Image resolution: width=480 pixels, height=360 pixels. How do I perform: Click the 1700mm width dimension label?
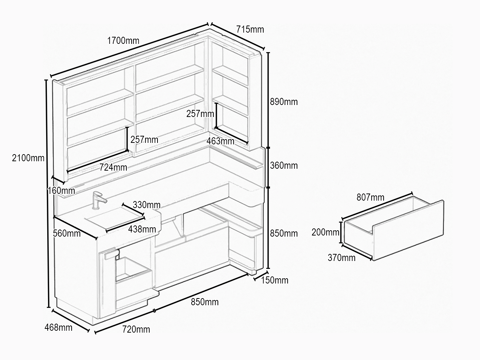click(x=123, y=40)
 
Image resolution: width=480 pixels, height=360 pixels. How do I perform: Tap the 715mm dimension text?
click(x=250, y=29)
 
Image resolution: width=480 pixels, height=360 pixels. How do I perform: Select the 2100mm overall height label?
click(x=28, y=158)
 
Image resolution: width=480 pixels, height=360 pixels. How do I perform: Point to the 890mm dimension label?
click(x=283, y=102)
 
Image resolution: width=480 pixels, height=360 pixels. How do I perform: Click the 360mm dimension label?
click(x=283, y=166)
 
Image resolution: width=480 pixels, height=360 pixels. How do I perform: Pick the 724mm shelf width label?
click(x=113, y=167)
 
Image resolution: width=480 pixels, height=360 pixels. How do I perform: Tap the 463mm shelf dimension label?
click(x=220, y=141)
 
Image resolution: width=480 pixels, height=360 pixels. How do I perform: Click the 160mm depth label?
click(x=61, y=190)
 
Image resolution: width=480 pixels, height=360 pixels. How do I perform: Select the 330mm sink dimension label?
click(x=147, y=205)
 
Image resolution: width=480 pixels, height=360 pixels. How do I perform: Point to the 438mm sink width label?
click(x=142, y=229)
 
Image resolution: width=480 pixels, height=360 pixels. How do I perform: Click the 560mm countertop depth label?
click(x=67, y=234)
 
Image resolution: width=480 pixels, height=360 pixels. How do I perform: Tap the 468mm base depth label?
click(x=58, y=328)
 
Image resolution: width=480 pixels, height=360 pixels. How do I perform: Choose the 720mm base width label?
click(x=136, y=329)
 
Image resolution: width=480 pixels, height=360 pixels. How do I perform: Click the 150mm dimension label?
click(x=274, y=280)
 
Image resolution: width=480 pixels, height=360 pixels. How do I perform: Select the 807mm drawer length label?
click(x=370, y=197)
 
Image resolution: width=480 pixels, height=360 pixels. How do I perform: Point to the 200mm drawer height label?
click(x=325, y=232)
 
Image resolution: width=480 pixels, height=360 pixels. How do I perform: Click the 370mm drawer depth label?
click(x=341, y=258)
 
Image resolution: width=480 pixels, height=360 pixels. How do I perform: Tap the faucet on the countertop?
click(x=98, y=200)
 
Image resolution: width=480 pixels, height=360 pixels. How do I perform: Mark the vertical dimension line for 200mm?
click(x=341, y=232)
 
